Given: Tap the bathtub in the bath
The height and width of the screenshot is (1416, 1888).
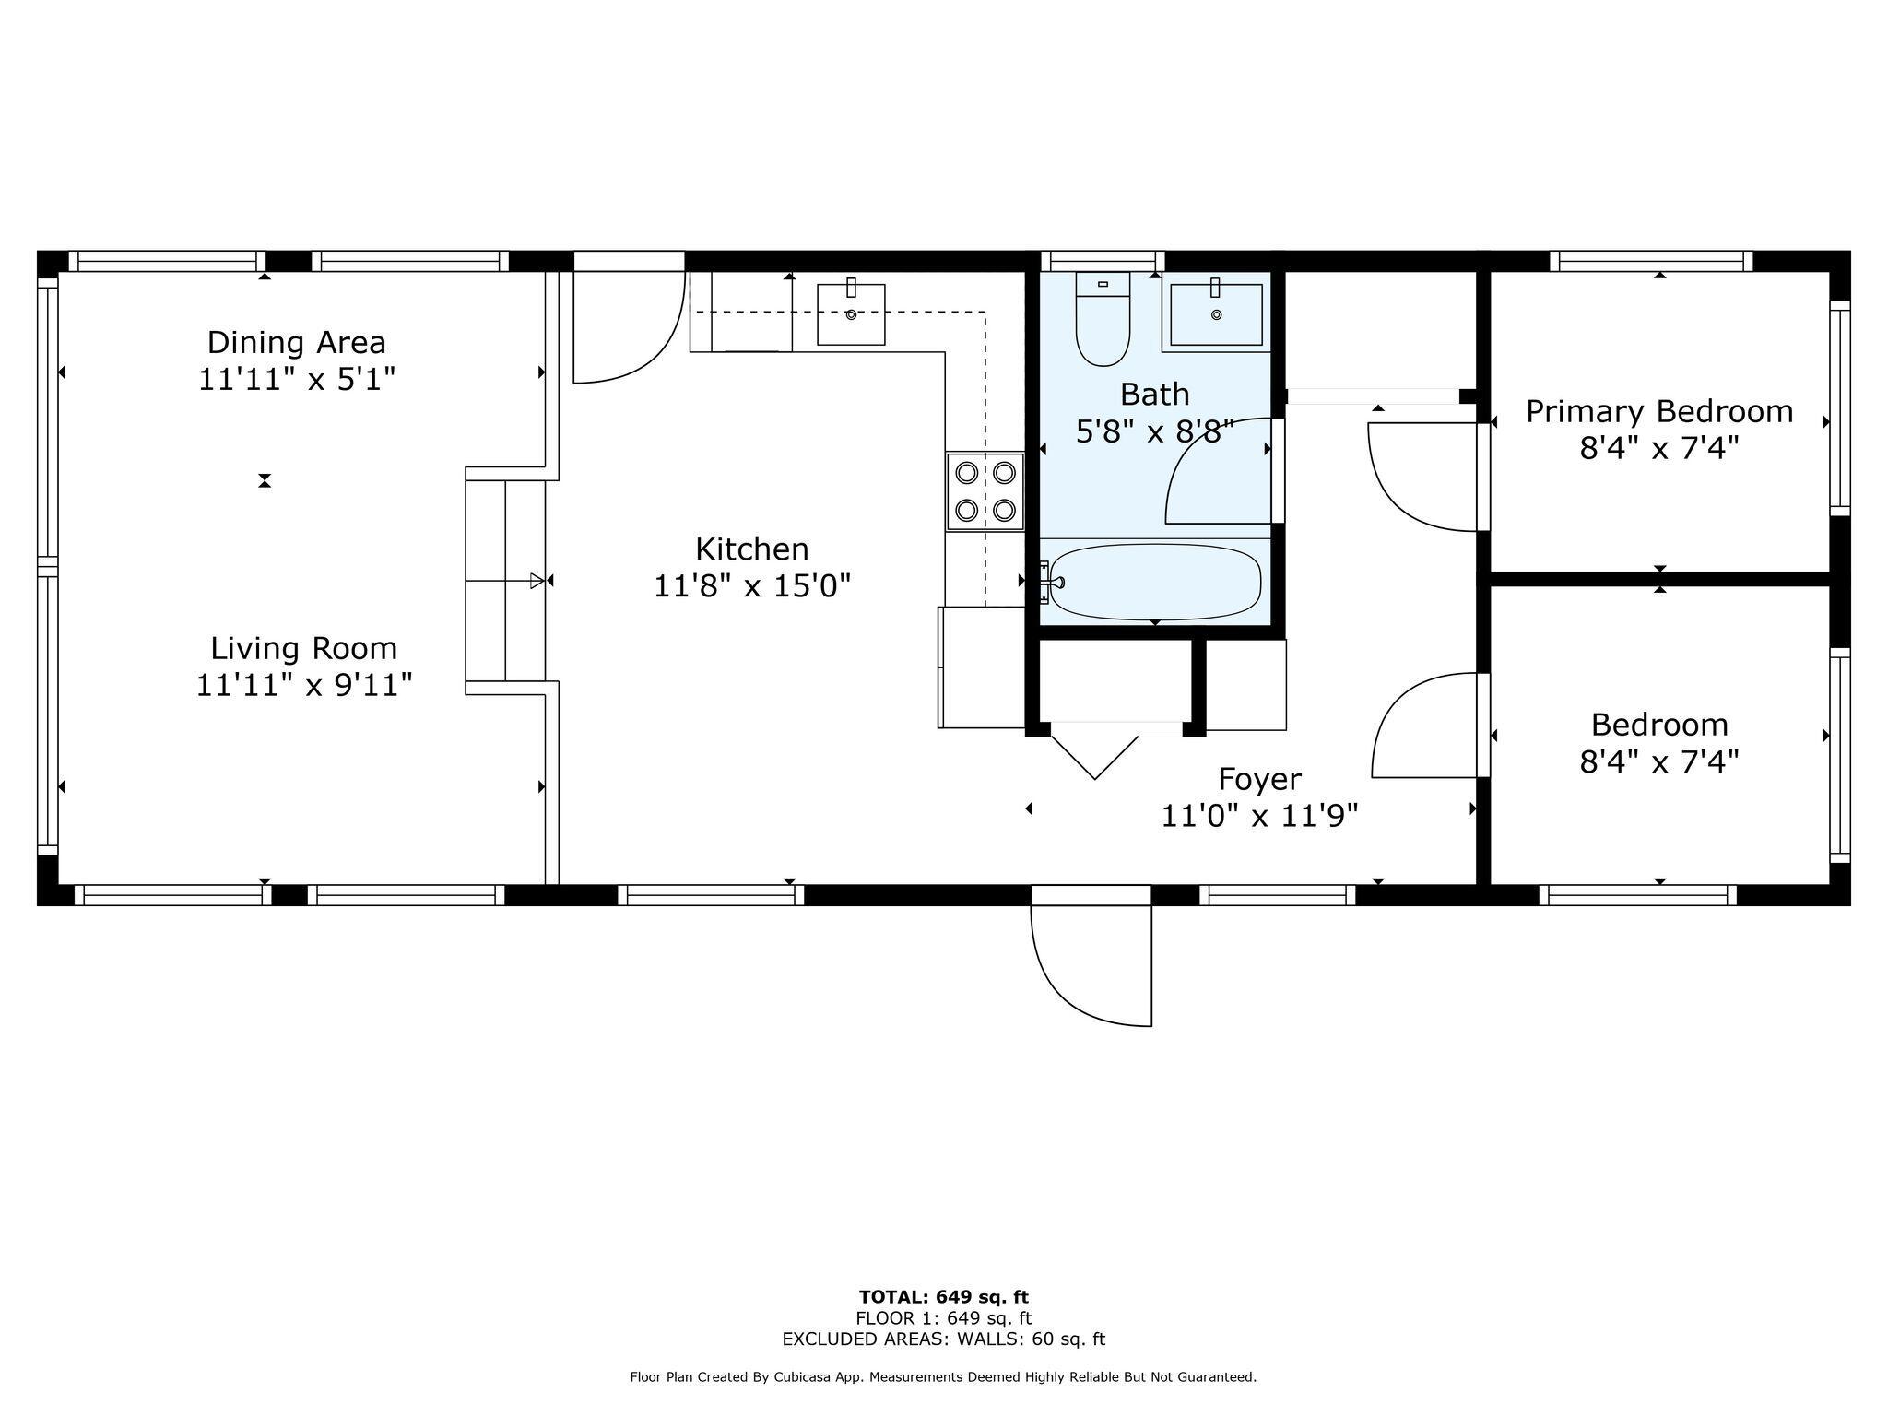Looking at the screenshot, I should click(x=1155, y=582).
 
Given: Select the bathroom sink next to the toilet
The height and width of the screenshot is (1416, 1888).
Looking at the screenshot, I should click(x=1216, y=314).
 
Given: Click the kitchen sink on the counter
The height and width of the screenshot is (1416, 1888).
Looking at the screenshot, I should click(x=851, y=314).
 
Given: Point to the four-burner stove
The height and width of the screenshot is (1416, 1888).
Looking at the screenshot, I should click(x=985, y=491).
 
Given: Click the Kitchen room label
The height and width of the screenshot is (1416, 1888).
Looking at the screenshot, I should click(x=751, y=549).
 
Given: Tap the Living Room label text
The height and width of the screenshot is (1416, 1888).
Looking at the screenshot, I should click(x=303, y=649).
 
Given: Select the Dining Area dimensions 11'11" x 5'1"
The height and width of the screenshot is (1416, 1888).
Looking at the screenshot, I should click(x=297, y=380).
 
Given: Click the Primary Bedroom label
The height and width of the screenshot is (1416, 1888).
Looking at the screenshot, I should click(x=1658, y=411).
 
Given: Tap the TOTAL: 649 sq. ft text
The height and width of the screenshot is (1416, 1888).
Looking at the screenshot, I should click(x=943, y=1297).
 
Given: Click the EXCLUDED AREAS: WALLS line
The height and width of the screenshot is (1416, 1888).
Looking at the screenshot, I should click(x=943, y=1339).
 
